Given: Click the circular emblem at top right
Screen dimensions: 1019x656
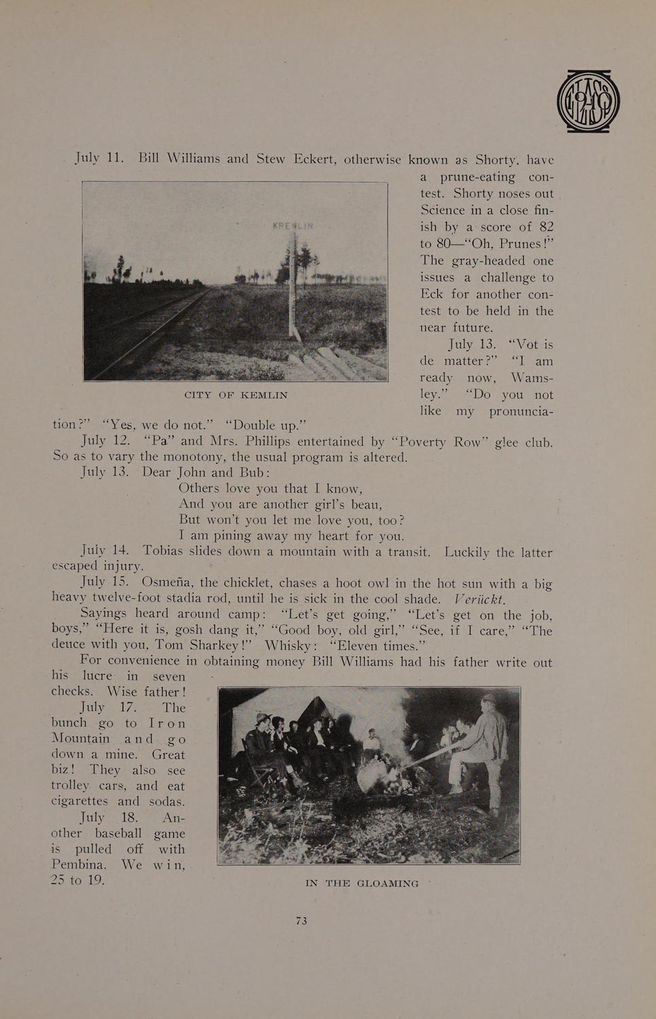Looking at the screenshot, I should pos(588,101).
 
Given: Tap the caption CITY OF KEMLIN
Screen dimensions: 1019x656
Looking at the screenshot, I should pos(236,395).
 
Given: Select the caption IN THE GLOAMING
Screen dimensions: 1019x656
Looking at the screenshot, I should pos(362,883).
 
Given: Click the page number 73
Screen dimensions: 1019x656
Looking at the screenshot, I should pos(302,920).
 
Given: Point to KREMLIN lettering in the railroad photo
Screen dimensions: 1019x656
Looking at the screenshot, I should pos(292,226).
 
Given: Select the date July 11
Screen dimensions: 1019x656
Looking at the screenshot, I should pos(99,158).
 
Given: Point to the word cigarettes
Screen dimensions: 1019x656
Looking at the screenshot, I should pos(79,802).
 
